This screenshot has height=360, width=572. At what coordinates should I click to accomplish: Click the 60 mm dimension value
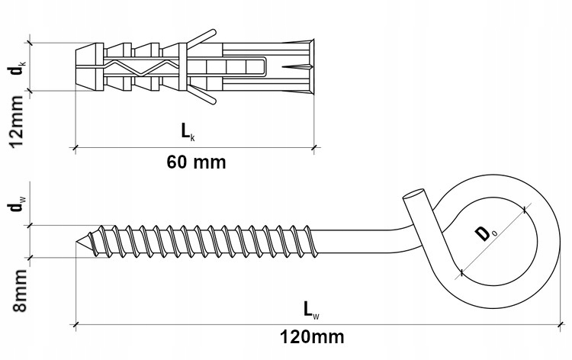196,162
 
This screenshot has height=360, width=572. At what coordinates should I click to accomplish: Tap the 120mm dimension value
312,336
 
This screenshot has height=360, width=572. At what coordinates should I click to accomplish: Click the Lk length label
188,132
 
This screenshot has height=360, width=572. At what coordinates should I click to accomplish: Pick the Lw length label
310,308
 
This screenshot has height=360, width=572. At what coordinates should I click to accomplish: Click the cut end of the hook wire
412,195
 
